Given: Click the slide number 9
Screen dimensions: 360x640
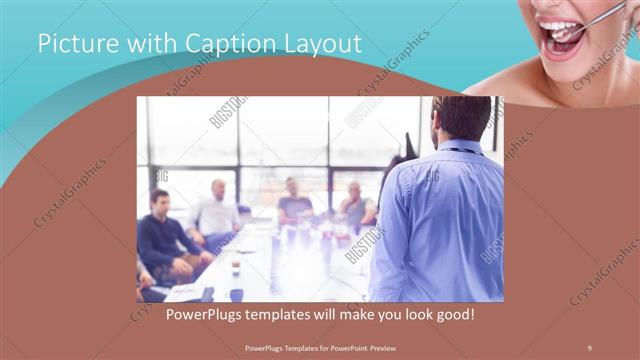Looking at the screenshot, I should coord(589,347).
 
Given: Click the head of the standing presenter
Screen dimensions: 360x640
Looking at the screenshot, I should coord(459,117).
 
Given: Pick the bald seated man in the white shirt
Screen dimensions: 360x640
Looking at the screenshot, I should coord(217,213).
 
